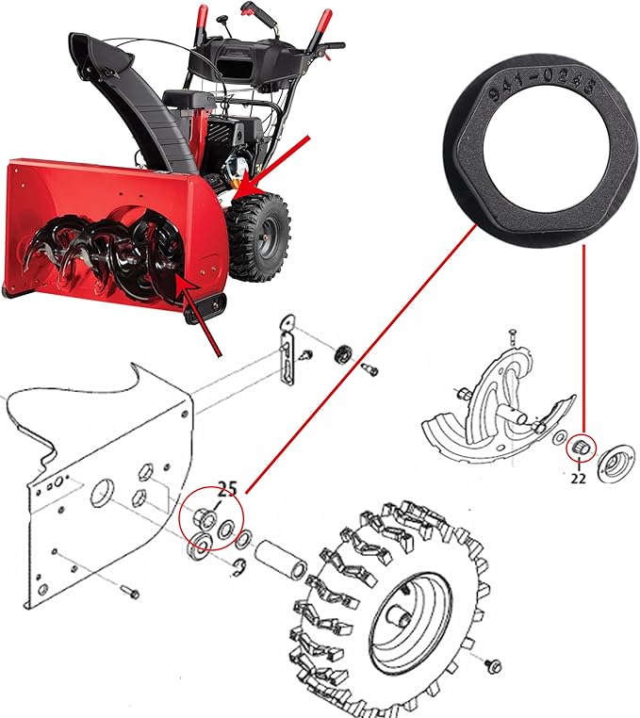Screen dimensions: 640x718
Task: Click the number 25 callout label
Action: [227, 489]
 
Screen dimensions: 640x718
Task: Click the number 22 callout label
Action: [578, 478]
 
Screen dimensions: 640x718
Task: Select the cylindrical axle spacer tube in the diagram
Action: [279, 558]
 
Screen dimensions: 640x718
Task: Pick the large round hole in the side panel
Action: [102, 492]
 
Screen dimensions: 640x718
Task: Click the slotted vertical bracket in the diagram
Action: [287, 351]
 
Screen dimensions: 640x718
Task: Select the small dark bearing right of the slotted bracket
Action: [343, 355]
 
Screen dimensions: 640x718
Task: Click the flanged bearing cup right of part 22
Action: [616, 464]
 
